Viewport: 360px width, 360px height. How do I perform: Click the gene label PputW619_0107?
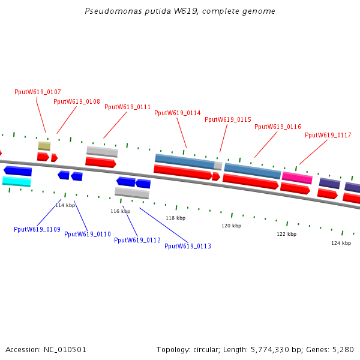click(38, 92)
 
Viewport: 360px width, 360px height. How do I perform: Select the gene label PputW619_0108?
click(77, 101)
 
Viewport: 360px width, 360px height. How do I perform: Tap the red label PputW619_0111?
click(128, 107)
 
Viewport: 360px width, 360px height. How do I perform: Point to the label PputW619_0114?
click(178, 113)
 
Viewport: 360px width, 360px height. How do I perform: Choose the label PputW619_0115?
click(228, 119)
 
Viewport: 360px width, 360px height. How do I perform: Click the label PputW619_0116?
click(278, 127)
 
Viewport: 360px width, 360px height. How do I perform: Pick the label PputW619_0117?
click(328, 135)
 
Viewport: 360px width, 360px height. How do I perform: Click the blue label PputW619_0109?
click(37, 229)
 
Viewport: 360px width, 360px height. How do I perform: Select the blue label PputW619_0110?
click(88, 234)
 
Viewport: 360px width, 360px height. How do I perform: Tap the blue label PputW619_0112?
click(137, 240)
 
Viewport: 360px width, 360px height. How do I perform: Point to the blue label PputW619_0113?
click(188, 246)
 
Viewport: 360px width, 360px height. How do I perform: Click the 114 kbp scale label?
click(65, 205)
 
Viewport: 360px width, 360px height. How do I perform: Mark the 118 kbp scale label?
click(176, 218)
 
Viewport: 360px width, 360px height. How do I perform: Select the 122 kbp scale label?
click(286, 234)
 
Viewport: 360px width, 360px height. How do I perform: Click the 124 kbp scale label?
click(341, 243)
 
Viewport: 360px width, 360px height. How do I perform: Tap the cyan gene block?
click(17, 181)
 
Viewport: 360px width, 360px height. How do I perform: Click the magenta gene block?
click(297, 178)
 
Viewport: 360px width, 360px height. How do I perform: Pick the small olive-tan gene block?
click(44, 146)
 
